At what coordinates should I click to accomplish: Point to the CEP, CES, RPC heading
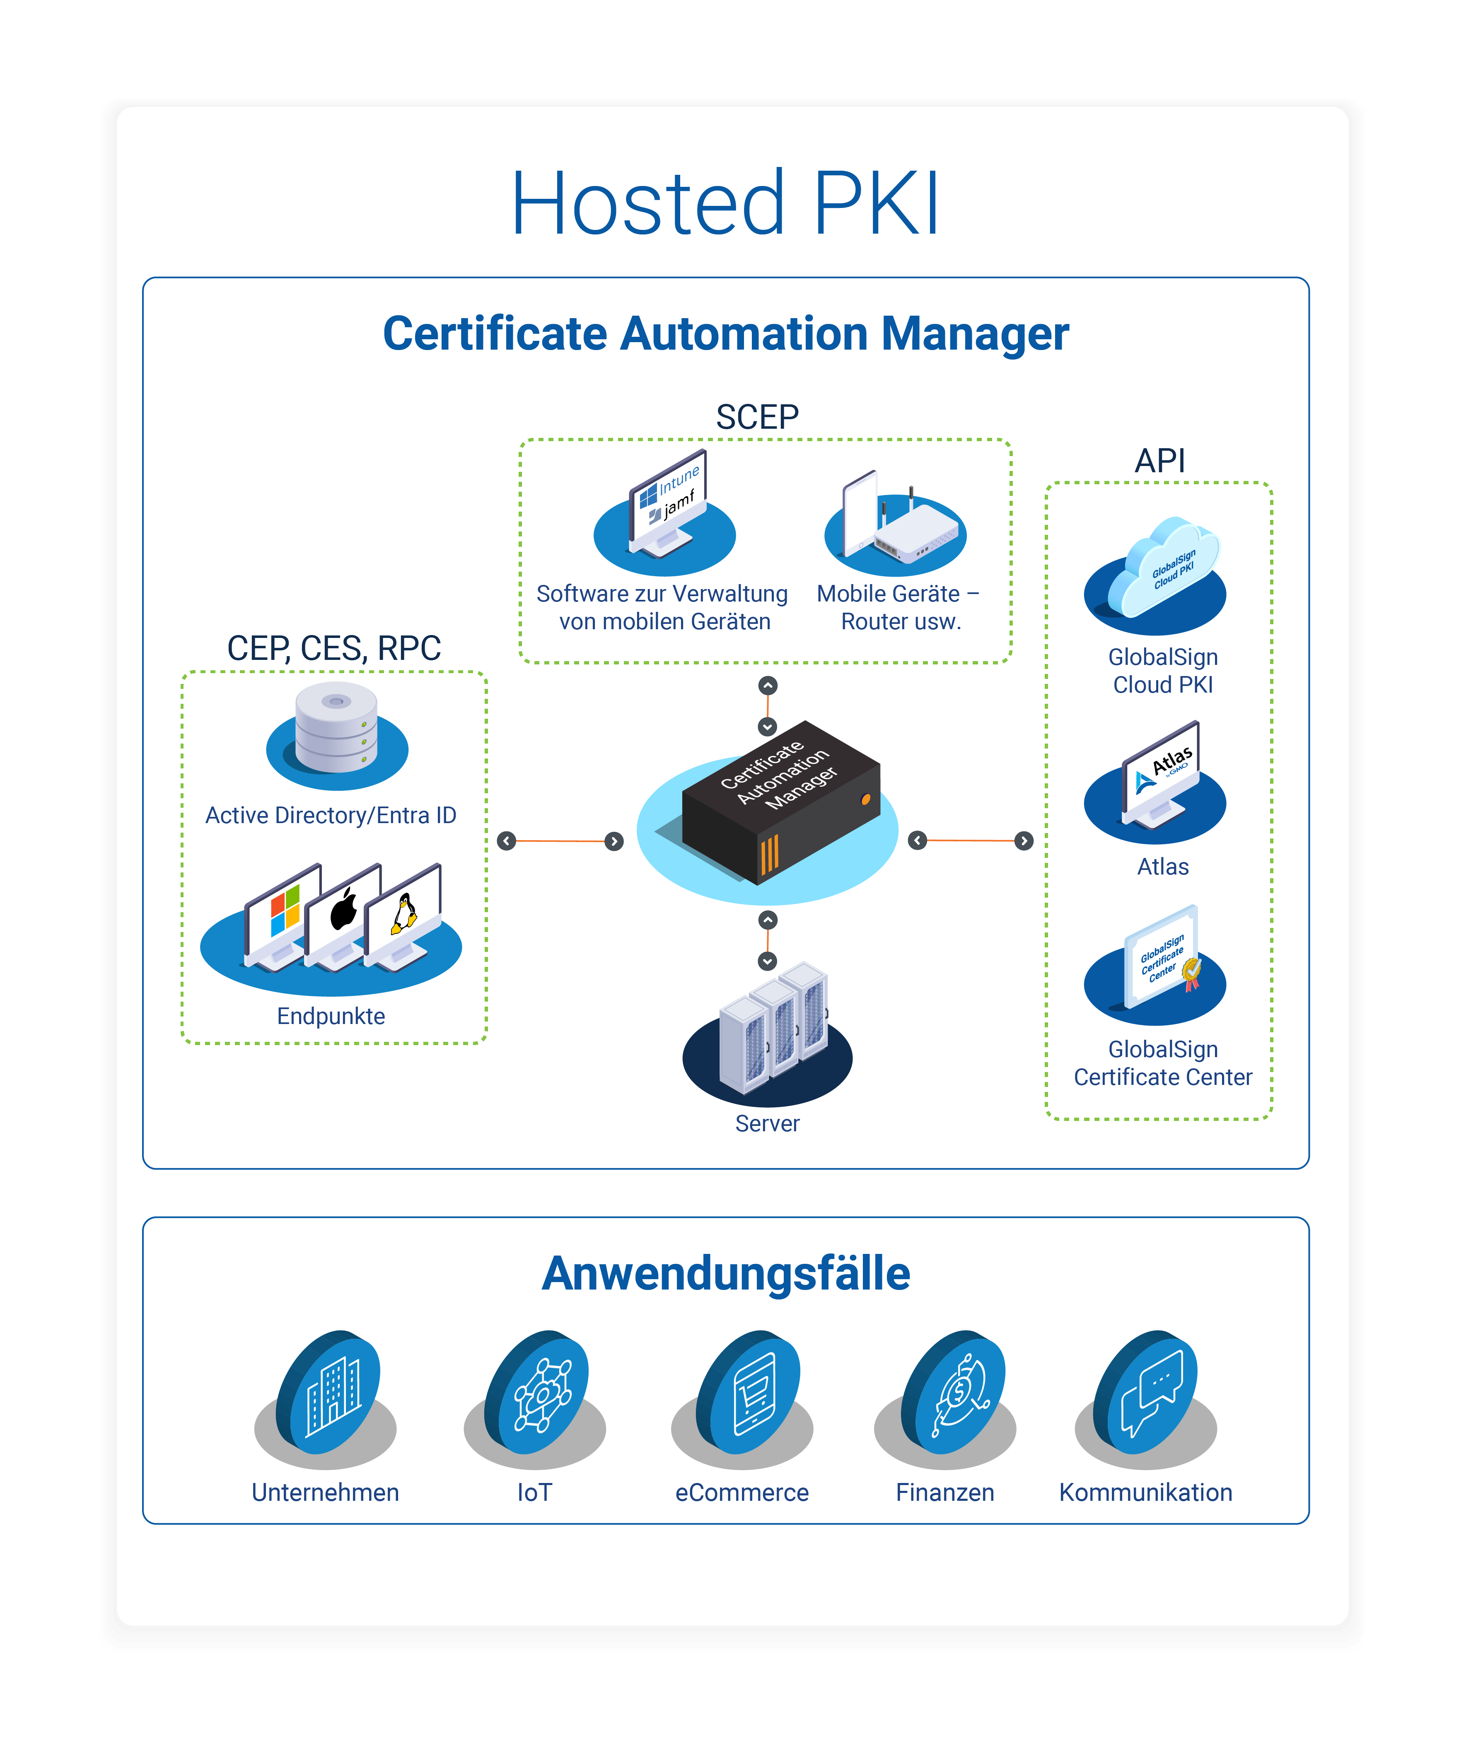[334, 648]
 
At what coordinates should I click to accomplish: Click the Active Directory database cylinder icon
[336, 727]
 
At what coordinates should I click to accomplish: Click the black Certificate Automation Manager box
[780, 802]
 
